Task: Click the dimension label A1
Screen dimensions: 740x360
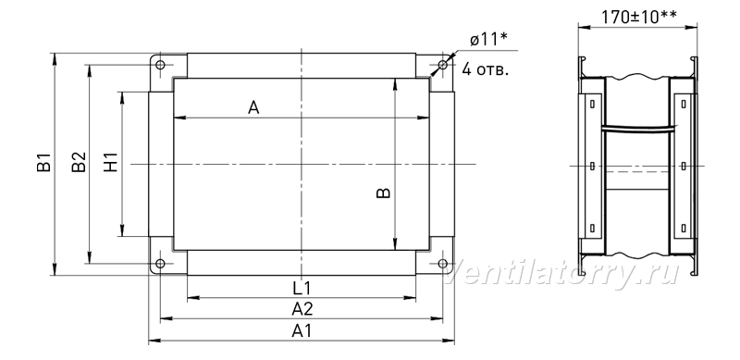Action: click(302, 330)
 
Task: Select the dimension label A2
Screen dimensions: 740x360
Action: click(302, 309)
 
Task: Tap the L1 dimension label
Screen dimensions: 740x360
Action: click(302, 288)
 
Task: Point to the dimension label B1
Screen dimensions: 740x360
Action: click(43, 162)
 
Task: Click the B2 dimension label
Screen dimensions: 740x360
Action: click(79, 162)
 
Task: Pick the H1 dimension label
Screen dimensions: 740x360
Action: click(110, 162)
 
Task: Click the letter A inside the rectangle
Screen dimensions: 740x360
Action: click(253, 108)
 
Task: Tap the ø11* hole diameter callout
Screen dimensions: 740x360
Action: click(488, 40)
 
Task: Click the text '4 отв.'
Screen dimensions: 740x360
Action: click(486, 69)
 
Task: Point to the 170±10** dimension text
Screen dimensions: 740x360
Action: click(638, 17)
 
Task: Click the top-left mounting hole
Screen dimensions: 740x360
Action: click(160, 65)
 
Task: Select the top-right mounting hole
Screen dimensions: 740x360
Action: click(443, 65)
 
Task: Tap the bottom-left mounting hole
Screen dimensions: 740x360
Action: click(160, 263)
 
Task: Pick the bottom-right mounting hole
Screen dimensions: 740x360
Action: click(443, 263)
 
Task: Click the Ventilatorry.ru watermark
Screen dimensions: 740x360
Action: click(561, 273)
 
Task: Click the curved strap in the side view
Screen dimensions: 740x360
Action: click(637, 127)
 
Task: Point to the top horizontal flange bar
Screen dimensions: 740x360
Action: click(302, 66)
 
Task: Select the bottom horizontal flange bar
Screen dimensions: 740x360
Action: click(302, 263)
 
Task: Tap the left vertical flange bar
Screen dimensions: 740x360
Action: click(161, 164)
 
